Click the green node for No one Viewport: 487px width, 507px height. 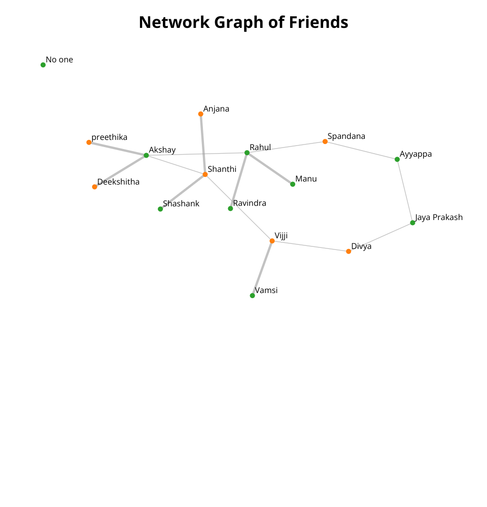coord(43,65)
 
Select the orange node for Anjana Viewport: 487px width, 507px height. coord(200,114)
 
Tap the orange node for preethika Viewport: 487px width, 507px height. coord(89,142)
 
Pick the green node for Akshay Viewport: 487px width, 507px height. coord(146,156)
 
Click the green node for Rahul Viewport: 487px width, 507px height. coord(247,153)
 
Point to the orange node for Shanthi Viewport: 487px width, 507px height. coord(205,174)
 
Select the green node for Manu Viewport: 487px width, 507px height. coord(293,185)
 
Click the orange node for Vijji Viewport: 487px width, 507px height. coord(272,241)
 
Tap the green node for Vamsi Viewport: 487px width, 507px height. coord(253,296)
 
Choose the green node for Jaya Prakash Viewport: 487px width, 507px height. coord(412,223)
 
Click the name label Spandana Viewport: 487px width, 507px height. coord(346,136)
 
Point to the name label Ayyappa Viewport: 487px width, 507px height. coord(415,154)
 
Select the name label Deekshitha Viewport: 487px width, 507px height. coord(118,182)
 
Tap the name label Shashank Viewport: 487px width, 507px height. coord(181,204)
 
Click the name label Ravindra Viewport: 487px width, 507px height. coord(250,203)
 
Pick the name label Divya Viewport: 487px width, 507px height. coord(361,247)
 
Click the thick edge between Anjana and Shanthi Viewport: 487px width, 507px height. coord(203,144)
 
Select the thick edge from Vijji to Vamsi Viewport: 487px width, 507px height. coord(262,268)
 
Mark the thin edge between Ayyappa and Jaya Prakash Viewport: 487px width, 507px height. coord(405,191)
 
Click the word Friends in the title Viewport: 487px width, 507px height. coord(319,22)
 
